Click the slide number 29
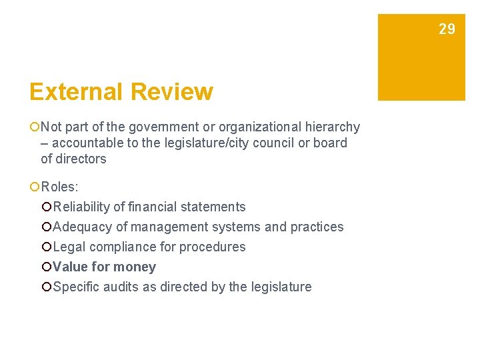coord(447,29)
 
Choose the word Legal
coord(69,247)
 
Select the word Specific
coord(75,287)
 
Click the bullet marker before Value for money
coord(46,267)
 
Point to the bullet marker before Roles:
coord(34,187)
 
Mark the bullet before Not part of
coord(34,127)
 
